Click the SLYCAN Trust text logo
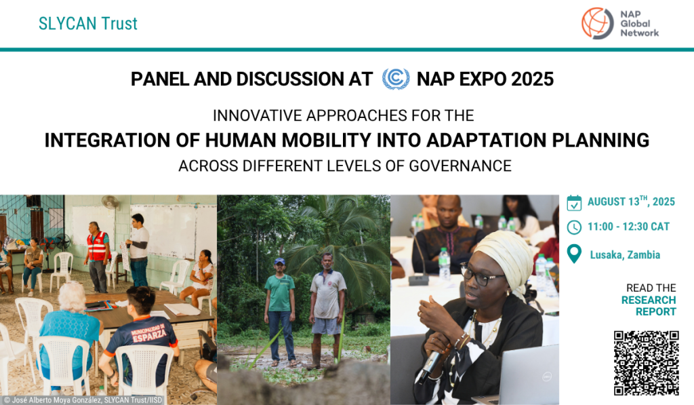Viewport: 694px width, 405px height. (x=88, y=24)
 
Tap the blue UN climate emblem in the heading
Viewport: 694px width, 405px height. (x=396, y=79)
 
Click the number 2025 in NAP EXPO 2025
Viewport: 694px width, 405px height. (x=532, y=79)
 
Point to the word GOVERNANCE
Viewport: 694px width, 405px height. (x=460, y=166)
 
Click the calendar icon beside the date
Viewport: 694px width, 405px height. (x=574, y=203)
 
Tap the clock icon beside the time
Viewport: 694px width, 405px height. (x=574, y=227)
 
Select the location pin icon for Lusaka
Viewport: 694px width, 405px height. (x=574, y=254)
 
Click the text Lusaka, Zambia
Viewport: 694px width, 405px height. (x=625, y=255)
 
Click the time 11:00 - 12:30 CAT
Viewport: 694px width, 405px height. (x=628, y=227)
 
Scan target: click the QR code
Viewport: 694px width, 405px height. (x=646, y=363)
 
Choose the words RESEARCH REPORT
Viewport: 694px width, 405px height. (x=649, y=306)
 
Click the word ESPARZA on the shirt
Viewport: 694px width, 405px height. (x=149, y=335)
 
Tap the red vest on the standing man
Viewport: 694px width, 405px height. (x=98, y=246)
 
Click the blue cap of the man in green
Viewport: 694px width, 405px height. (x=279, y=261)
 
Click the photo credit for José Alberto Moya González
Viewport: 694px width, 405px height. (x=83, y=400)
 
